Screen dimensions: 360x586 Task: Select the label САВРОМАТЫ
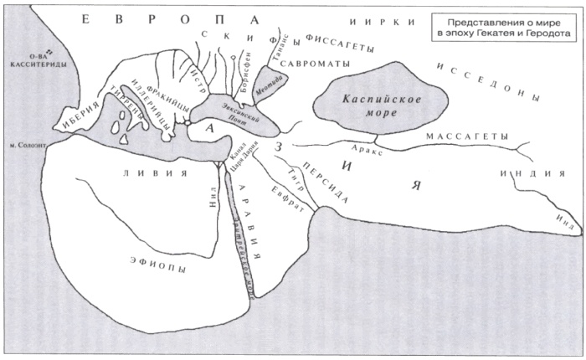307,63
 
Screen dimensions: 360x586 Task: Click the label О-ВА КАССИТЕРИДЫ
30,60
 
